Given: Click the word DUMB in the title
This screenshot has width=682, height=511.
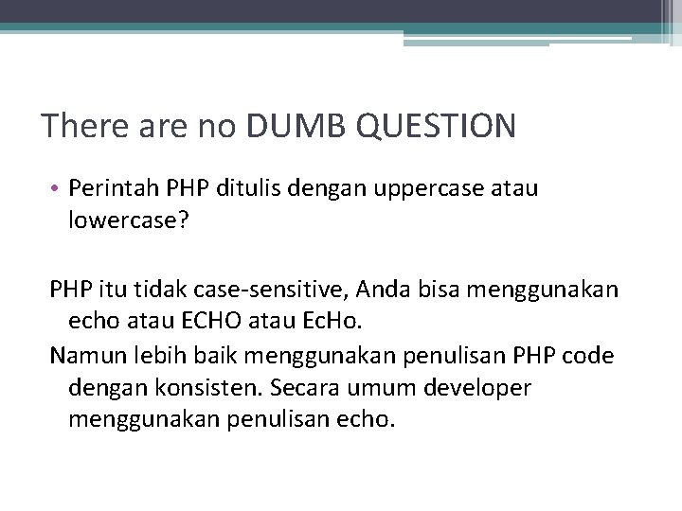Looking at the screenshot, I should coord(293,126).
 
